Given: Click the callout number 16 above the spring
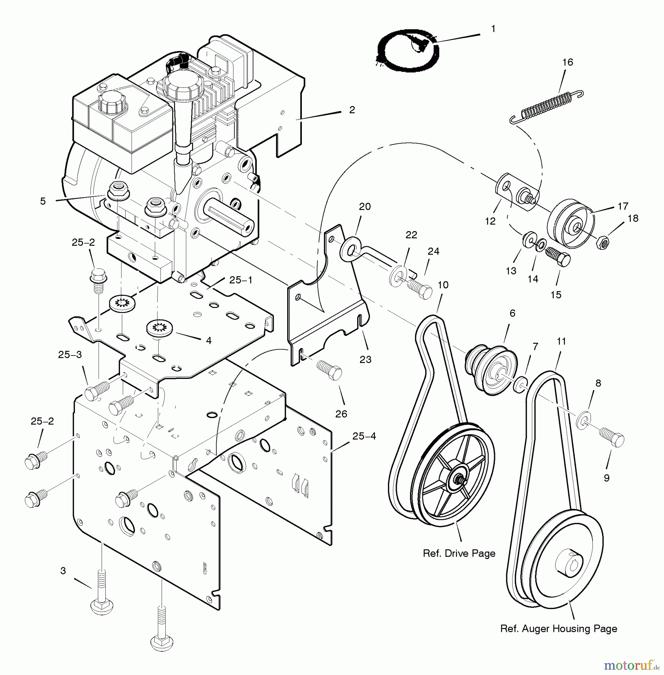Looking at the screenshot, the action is (568, 62).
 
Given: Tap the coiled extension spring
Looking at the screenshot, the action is (547, 106).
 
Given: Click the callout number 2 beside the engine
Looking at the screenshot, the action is (352, 110).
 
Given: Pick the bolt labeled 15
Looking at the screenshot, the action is (559, 257).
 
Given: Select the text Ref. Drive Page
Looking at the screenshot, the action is (459, 553).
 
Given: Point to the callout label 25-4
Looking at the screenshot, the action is (364, 436).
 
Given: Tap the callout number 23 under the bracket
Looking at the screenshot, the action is (365, 360).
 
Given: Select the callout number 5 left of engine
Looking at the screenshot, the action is (43, 201).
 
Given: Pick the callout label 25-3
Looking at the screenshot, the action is (70, 355).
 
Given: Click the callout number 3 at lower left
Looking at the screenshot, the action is (63, 571).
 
